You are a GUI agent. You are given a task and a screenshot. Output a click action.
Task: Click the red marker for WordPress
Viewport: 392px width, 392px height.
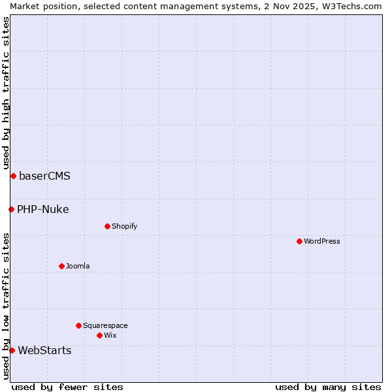pyautogui.click(x=299, y=241)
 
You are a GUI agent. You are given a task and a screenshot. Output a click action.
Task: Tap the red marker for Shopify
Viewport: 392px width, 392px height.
pyautogui.click(x=107, y=226)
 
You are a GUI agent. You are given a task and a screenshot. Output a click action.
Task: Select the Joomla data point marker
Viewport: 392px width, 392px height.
pyautogui.click(x=61, y=266)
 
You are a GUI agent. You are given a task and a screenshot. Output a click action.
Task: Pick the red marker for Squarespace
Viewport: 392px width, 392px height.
pyautogui.click(x=78, y=325)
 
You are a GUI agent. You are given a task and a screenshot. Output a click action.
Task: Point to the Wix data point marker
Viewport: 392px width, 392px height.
pyautogui.click(x=99, y=335)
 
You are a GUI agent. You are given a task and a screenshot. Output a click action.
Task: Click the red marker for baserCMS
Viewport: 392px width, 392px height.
pyautogui.click(x=13, y=176)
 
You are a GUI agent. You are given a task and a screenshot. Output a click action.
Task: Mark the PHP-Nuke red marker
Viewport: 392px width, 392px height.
pyautogui.click(x=11, y=209)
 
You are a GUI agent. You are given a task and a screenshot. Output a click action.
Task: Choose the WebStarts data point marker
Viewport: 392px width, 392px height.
pyautogui.click(x=12, y=350)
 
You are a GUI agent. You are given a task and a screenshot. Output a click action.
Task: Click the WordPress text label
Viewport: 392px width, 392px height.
pyautogui.click(x=322, y=241)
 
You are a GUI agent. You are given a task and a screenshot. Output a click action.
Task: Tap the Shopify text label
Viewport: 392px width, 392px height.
pyautogui.click(x=124, y=226)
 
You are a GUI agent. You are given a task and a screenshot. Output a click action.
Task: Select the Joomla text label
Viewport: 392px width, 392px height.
pyautogui.click(x=78, y=266)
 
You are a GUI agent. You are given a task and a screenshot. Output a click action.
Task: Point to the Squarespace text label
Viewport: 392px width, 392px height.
pyautogui.click(x=105, y=325)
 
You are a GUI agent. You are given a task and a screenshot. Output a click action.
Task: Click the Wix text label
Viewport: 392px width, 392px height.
pyautogui.click(x=110, y=335)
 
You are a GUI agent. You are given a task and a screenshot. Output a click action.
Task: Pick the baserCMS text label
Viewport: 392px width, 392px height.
pyautogui.click(x=44, y=176)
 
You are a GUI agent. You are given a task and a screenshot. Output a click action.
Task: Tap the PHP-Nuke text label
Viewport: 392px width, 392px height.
pyautogui.click(x=43, y=209)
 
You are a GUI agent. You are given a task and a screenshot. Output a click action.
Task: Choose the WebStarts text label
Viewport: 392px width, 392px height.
pyautogui.click(x=44, y=350)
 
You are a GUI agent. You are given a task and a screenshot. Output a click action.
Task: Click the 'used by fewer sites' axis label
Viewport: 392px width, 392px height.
pyautogui.click(x=67, y=387)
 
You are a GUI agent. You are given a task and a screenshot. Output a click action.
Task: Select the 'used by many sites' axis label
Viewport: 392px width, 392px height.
pyautogui.click(x=328, y=387)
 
